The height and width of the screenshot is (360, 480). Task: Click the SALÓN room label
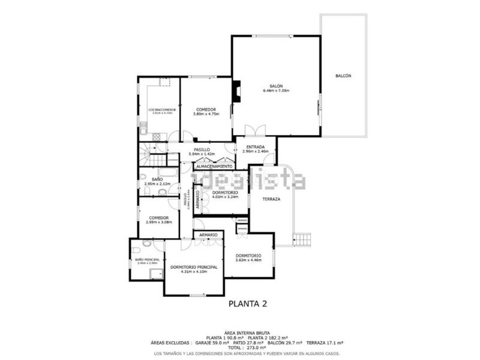(276, 86)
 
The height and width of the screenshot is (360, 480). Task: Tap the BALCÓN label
(343, 76)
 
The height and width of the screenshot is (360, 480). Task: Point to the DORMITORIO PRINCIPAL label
(193, 266)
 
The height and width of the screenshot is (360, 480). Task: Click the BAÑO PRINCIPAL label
(147, 259)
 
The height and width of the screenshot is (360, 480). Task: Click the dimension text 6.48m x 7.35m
(276, 91)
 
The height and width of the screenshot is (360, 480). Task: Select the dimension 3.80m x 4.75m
(206, 114)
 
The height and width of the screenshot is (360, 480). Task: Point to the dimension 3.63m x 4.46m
(248, 260)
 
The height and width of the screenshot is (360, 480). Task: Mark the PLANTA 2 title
(248, 304)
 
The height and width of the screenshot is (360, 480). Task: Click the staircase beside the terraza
(304, 239)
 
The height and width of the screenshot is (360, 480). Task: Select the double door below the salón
(254, 129)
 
